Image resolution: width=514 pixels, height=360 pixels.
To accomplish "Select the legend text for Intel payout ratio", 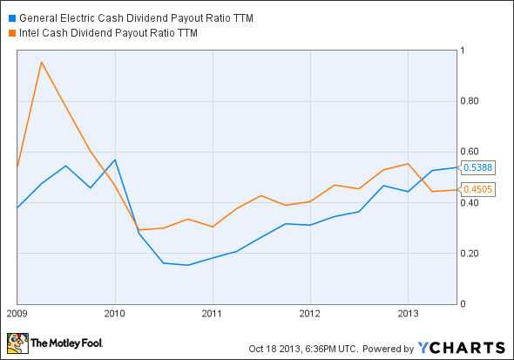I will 108,34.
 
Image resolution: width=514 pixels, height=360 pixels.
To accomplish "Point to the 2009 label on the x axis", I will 17,311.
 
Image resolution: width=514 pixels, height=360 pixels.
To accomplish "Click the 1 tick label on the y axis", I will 463,50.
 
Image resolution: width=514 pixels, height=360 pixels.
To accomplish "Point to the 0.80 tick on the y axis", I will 470,101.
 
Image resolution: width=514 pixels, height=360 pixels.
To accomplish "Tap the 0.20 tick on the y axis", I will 470,254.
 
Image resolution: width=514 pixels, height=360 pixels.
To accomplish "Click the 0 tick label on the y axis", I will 463,304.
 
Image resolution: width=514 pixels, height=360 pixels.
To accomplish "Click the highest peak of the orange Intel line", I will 41,62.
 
